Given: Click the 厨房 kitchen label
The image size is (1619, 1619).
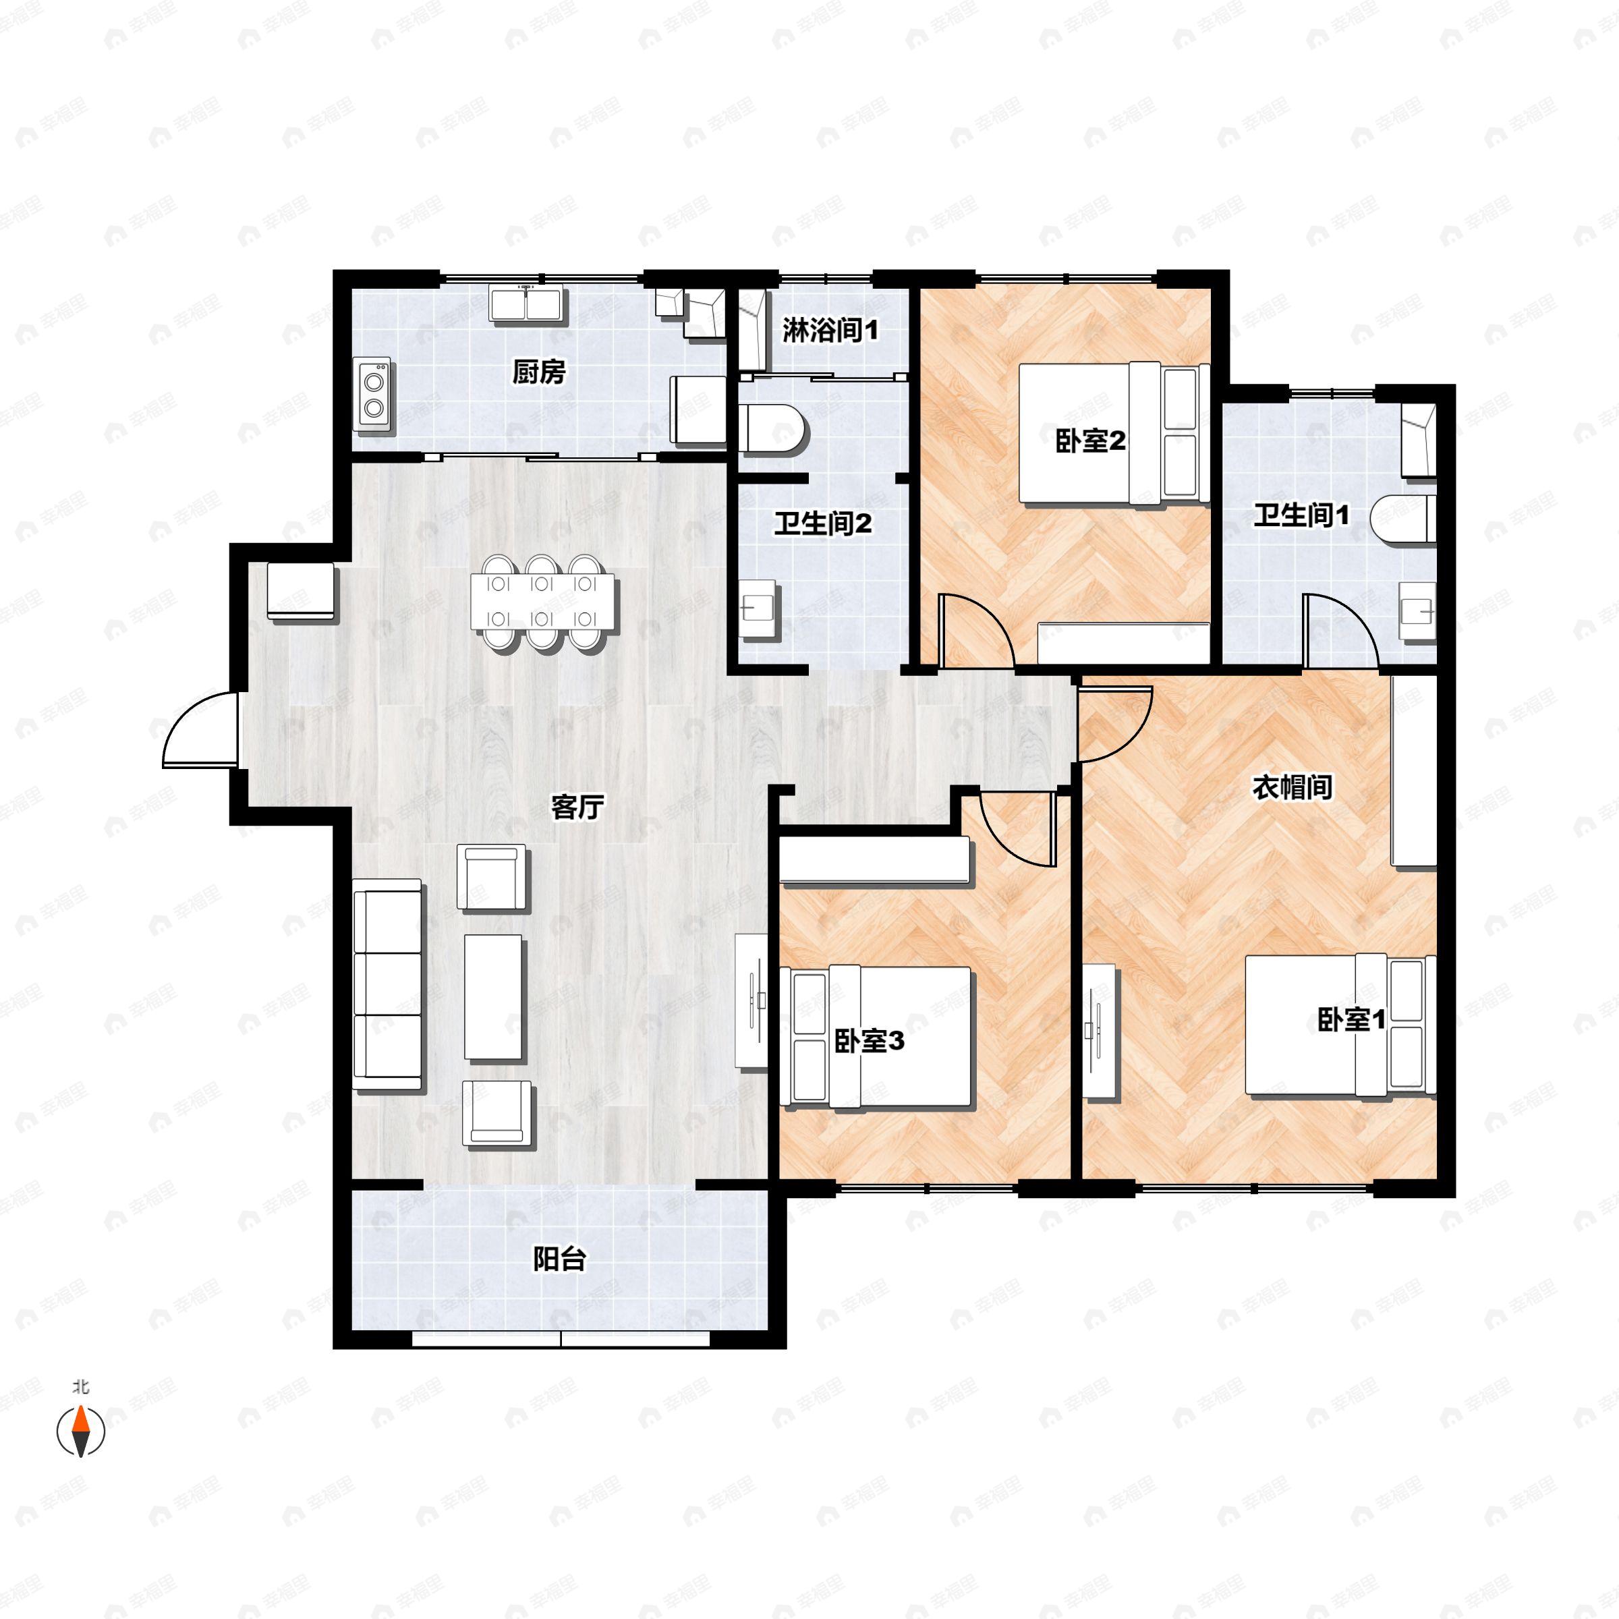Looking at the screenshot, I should click(x=539, y=371).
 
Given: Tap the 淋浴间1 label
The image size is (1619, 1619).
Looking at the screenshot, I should click(x=830, y=330).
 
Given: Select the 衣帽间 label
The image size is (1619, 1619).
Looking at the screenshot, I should click(x=1291, y=787).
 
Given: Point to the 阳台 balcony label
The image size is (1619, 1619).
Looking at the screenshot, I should click(x=559, y=1259).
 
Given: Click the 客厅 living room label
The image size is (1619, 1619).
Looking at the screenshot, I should click(x=577, y=807).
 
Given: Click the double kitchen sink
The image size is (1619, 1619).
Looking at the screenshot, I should click(x=526, y=304).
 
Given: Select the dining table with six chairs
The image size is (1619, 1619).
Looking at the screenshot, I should click(x=542, y=601).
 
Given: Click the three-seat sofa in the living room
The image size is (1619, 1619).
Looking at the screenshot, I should click(x=387, y=985).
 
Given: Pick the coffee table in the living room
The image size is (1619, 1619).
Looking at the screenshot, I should click(x=494, y=997).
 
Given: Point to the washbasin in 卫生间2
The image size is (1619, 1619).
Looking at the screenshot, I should click(x=759, y=608).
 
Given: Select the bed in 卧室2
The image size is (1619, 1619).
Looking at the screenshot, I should click(x=1113, y=433).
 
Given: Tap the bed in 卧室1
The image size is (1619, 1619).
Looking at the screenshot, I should click(x=1339, y=1025).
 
